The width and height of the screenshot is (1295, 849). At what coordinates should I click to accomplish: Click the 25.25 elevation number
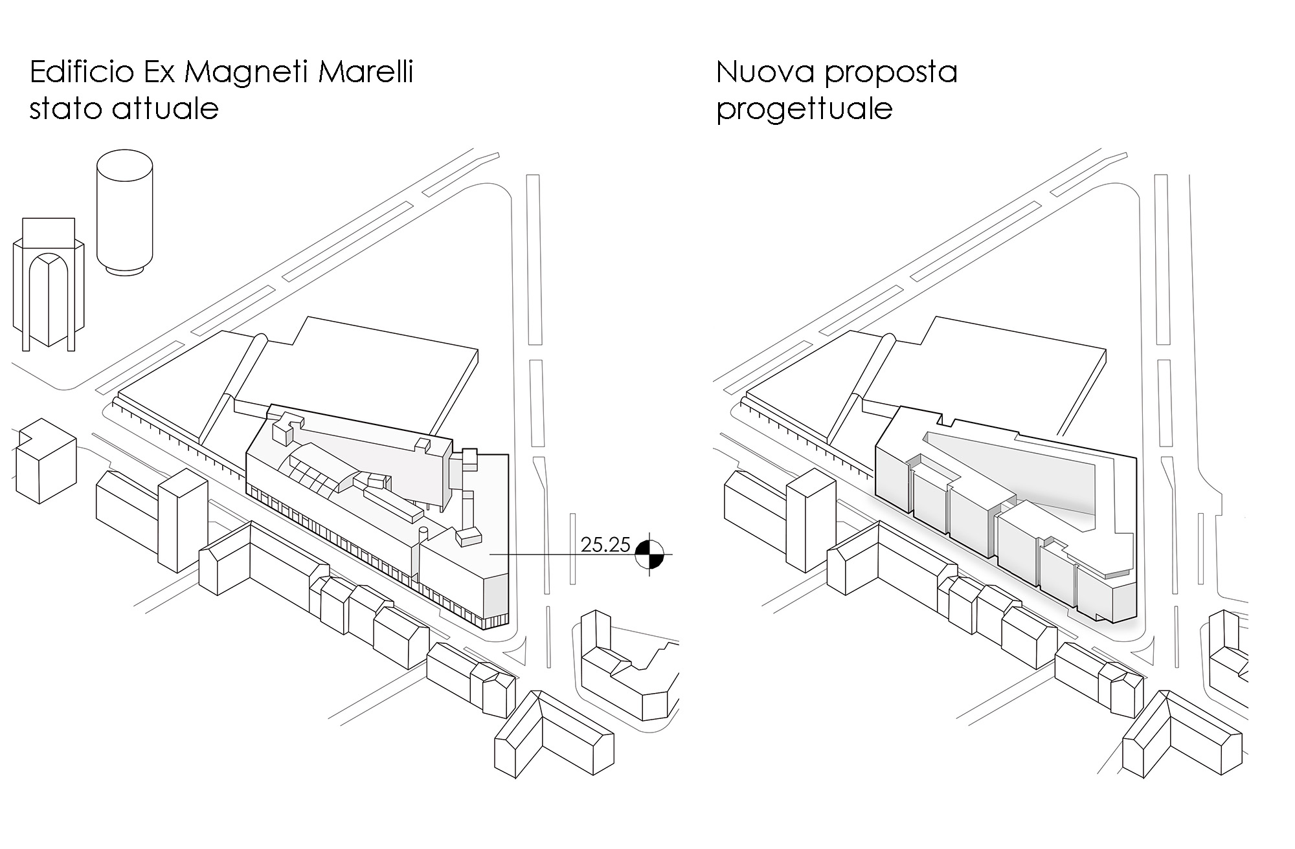(605, 545)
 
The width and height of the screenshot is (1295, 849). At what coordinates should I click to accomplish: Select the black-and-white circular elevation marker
(649, 555)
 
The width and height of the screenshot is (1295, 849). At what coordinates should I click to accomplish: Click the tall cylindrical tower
(125, 214)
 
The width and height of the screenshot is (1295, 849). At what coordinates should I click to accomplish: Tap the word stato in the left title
(67, 108)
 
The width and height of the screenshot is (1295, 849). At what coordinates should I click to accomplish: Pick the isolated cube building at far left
(44, 461)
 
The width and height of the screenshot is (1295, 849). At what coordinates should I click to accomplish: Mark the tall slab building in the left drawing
(183, 521)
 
